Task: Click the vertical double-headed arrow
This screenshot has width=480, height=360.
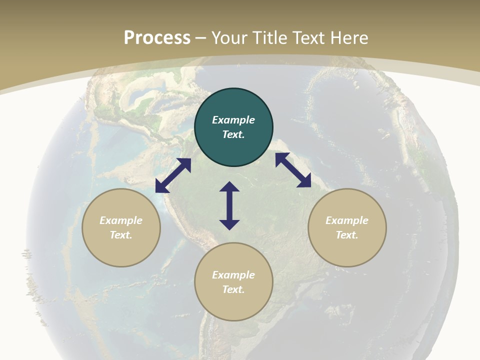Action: click(229, 205)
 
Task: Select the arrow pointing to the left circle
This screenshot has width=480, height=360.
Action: click(173, 175)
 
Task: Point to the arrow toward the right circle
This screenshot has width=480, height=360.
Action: click(293, 170)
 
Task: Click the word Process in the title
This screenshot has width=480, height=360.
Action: click(157, 38)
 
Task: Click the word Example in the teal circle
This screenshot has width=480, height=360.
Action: click(233, 120)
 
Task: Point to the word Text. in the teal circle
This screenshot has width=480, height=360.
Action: click(233, 134)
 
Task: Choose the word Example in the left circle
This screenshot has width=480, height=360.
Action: click(121, 220)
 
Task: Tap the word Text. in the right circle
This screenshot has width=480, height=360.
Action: click(347, 235)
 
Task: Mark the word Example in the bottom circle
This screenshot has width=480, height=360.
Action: click(233, 275)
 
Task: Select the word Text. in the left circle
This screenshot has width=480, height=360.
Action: click(121, 235)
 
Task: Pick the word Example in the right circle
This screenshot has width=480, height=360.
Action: click(347, 220)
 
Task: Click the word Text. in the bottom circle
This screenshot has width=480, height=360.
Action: click(233, 289)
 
